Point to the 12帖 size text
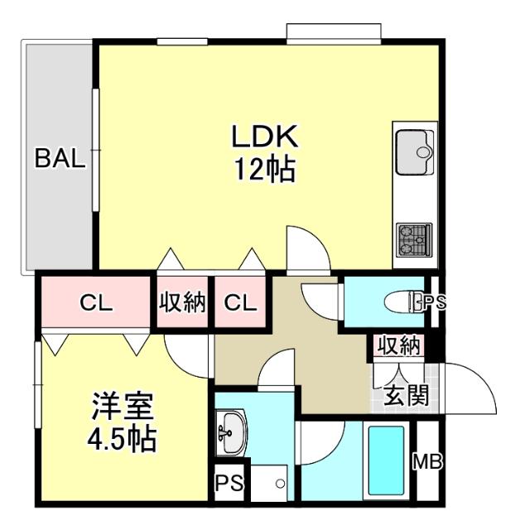coord(263,170)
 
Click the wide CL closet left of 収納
coord(95,302)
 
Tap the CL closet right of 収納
coord(240,302)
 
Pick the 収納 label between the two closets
coord(182,302)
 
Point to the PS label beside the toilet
coord(435,302)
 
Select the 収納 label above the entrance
coord(398,344)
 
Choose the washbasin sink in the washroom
coord(228,432)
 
